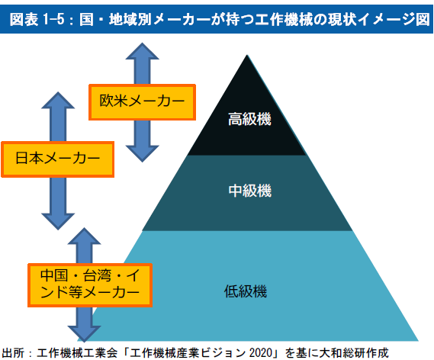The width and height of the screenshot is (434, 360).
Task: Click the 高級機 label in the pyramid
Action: (x=249, y=119)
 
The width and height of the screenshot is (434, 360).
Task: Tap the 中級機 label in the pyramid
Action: (x=250, y=191)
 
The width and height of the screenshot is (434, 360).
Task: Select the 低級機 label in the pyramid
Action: (x=246, y=291)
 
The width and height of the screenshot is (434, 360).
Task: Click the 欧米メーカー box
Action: (x=143, y=102)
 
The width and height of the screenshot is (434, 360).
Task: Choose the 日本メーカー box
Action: (x=58, y=159)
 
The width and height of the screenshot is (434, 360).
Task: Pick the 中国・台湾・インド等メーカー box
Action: (x=90, y=285)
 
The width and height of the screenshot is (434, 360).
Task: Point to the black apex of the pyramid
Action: (x=247, y=105)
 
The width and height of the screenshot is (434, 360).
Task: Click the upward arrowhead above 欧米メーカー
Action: (x=143, y=51)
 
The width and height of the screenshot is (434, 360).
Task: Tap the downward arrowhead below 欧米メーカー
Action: (x=143, y=154)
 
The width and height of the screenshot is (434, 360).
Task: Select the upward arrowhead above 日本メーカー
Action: (x=58, y=100)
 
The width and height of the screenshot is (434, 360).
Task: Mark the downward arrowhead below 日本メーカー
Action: (x=58, y=221)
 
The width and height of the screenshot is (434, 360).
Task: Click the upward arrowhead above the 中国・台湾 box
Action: (x=84, y=236)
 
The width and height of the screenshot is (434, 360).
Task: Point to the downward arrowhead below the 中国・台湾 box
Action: (x=84, y=334)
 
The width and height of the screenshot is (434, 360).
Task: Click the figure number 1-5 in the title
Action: (x=53, y=20)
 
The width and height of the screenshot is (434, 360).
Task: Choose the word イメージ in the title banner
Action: (x=387, y=20)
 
